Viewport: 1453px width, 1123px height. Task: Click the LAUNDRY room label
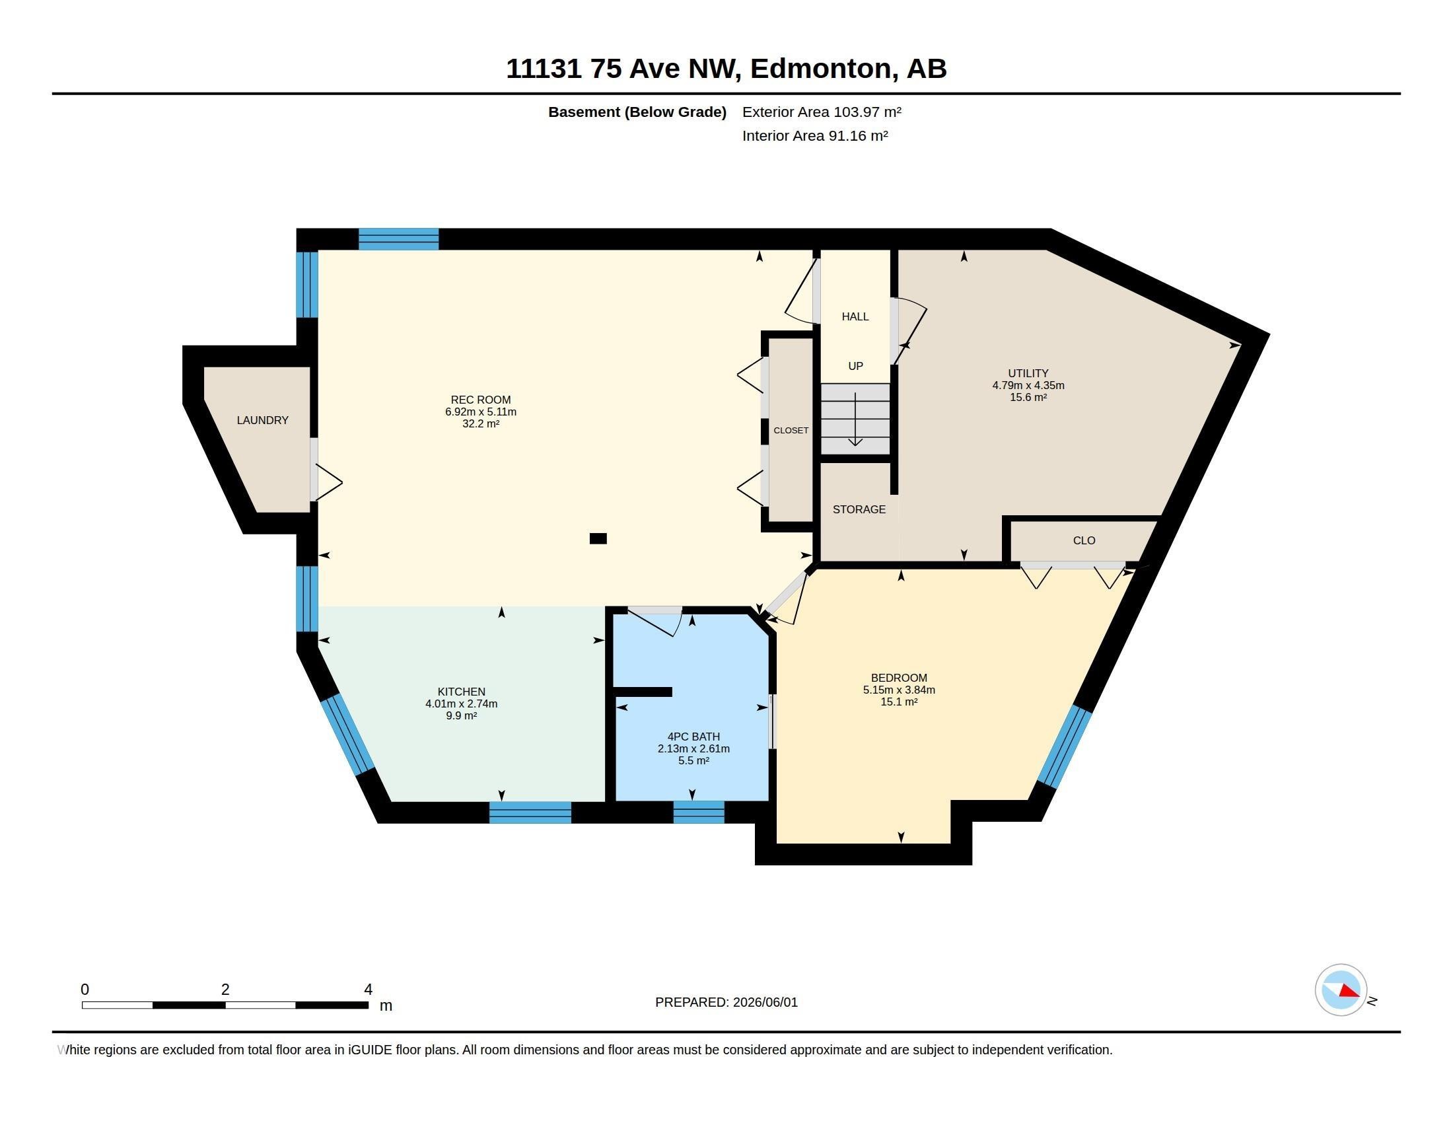tap(263, 420)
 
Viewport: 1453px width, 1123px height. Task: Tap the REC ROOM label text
tap(480, 400)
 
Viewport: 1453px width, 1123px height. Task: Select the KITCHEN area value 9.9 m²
tap(461, 716)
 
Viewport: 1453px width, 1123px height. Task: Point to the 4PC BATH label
tap(693, 737)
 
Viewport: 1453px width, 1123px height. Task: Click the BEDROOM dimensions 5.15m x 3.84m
tap(899, 690)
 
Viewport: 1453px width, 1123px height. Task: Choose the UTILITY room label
tap(1028, 373)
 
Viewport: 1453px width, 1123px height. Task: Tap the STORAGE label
tap(859, 509)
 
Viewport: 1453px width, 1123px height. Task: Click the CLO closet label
tap(1084, 541)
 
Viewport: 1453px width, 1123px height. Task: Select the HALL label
tap(855, 316)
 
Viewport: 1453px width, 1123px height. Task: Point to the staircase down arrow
tap(855, 419)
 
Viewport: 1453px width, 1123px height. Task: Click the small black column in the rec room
tap(598, 539)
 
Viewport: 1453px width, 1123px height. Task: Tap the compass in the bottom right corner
tap(1341, 990)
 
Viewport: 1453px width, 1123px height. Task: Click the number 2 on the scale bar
tap(225, 990)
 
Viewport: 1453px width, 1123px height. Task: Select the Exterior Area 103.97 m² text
tap(822, 112)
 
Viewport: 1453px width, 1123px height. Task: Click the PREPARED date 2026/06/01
tap(765, 1002)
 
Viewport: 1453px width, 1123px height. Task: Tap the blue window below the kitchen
tap(530, 813)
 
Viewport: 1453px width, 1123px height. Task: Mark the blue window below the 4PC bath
tap(699, 813)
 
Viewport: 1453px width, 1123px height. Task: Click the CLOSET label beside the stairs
tap(791, 431)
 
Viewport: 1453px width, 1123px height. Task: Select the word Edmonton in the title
tap(821, 69)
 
